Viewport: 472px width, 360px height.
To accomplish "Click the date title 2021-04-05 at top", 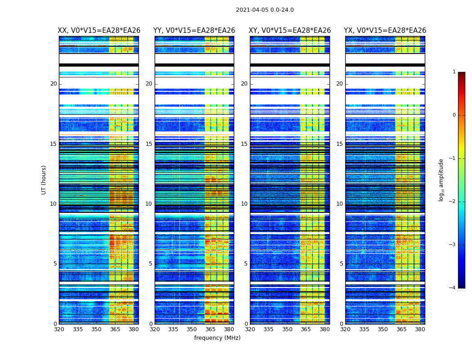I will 265,10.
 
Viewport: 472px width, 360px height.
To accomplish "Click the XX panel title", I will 99,31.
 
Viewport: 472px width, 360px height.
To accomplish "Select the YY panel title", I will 194,31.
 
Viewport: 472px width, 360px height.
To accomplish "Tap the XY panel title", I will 290,31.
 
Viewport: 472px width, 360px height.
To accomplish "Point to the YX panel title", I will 385,31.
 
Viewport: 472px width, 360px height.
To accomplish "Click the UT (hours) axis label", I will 44,180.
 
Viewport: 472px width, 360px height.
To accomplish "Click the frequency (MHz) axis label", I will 217,338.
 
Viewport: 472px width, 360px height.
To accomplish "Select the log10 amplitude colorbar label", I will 441,180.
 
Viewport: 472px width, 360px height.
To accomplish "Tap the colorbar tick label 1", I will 454,72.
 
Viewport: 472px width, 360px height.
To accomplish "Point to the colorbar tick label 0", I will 454,115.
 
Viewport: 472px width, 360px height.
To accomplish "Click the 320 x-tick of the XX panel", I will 59,329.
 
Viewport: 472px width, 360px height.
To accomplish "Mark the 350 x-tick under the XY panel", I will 287,329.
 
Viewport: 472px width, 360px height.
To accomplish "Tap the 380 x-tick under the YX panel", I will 420,329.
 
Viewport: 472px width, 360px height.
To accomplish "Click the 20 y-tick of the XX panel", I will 53,84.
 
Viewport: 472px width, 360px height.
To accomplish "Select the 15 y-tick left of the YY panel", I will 149,144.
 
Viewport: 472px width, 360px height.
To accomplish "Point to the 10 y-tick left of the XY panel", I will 244,204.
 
